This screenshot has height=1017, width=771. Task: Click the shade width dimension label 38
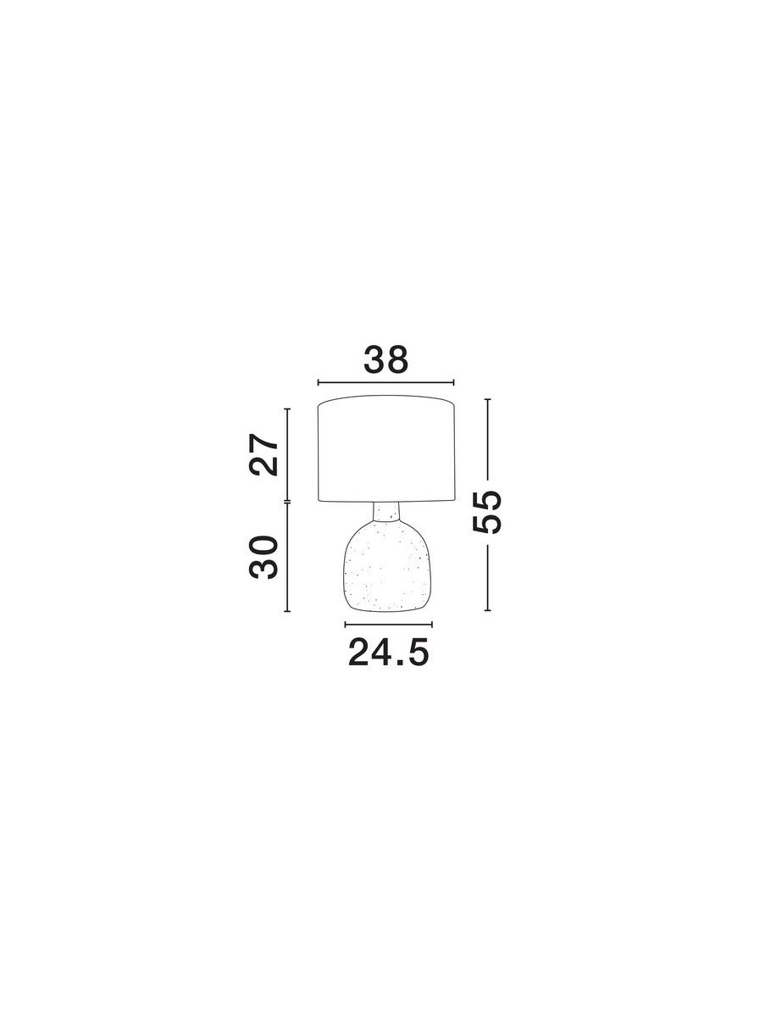click(385, 360)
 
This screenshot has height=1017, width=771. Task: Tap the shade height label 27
click(263, 454)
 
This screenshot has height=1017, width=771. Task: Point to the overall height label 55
click(486, 512)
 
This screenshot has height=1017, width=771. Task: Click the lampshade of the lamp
click(386, 448)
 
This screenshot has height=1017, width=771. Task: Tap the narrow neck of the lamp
click(386, 511)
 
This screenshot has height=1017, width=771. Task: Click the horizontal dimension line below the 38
click(385, 382)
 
